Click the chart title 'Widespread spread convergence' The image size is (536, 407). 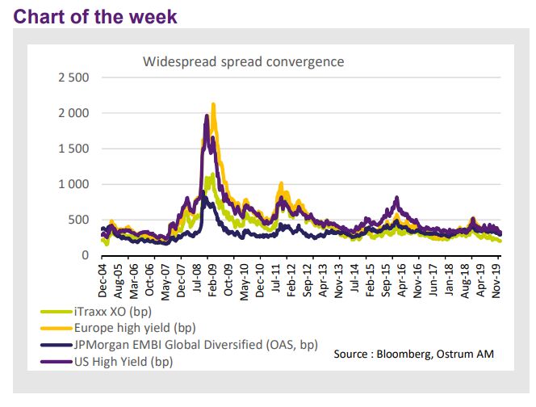pyautogui.click(x=244, y=61)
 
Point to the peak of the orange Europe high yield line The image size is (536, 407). pyautogui.click(x=213, y=104)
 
